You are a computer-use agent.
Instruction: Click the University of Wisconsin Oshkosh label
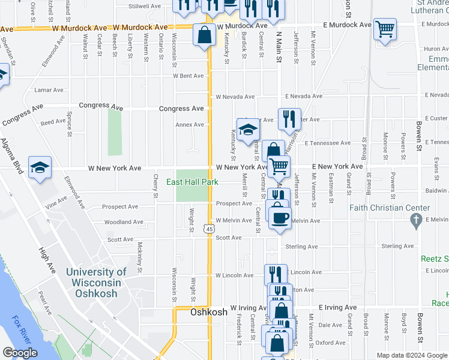tap(96, 283)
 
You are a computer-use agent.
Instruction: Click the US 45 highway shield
tap(208, 229)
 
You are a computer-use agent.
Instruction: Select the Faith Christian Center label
tap(391, 208)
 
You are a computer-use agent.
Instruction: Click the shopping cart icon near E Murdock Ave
tap(384, 28)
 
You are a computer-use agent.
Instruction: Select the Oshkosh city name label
tap(209, 312)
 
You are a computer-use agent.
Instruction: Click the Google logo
tap(20, 353)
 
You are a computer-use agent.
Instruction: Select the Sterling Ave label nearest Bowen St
tap(399, 246)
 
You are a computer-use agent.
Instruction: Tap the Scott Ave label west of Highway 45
tap(119, 239)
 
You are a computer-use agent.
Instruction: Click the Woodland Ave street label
tap(123, 222)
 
